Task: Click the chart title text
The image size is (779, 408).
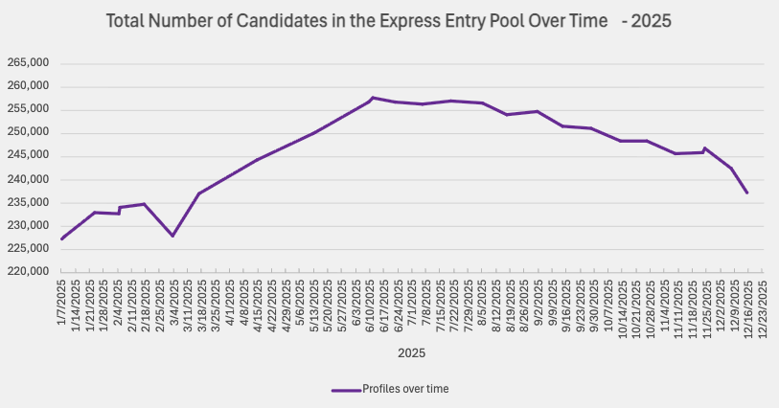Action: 388,20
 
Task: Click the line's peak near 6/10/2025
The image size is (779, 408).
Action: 372,98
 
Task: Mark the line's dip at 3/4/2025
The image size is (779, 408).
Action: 172,236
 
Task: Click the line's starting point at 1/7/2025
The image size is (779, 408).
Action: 61,238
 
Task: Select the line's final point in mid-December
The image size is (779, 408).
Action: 747,193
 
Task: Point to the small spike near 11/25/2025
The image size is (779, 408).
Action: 705,148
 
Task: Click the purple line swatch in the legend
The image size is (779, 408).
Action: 345,389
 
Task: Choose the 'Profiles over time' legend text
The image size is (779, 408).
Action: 405,389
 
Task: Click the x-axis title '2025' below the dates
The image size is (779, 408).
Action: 412,352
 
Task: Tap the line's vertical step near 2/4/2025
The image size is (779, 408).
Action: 119,210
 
